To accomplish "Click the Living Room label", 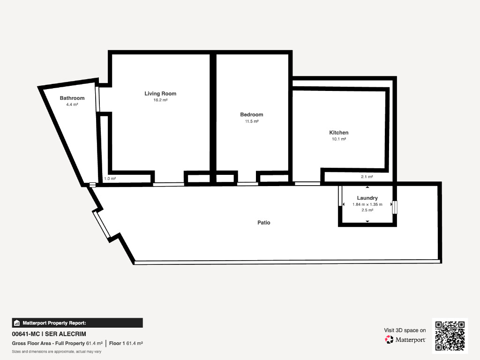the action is tap(160, 94).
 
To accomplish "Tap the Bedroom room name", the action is tap(252, 114).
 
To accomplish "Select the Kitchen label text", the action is tap(339, 133).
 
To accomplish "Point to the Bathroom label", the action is tap(72, 98).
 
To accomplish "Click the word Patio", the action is tap(264, 223).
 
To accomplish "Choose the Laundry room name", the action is tap(367, 198).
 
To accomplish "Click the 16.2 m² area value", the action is tap(160, 100).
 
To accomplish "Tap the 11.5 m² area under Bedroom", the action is tap(252, 121).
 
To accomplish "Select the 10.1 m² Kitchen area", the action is tap(339, 139).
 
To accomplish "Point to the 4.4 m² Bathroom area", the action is tap(72, 105).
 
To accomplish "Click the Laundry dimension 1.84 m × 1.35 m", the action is tap(367, 204).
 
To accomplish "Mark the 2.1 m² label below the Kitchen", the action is tap(367, 177).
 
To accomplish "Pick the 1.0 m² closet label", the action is tap(110, 179).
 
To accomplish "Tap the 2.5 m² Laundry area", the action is tap(367, 210).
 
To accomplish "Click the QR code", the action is tap(450, 336).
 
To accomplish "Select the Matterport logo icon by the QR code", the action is tap(389, 339).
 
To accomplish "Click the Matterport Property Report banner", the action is tap(77, 323).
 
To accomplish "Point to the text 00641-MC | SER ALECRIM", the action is tap(49, 334).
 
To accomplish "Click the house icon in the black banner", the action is tap(17, 323).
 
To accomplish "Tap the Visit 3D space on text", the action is tap(405, 330).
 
